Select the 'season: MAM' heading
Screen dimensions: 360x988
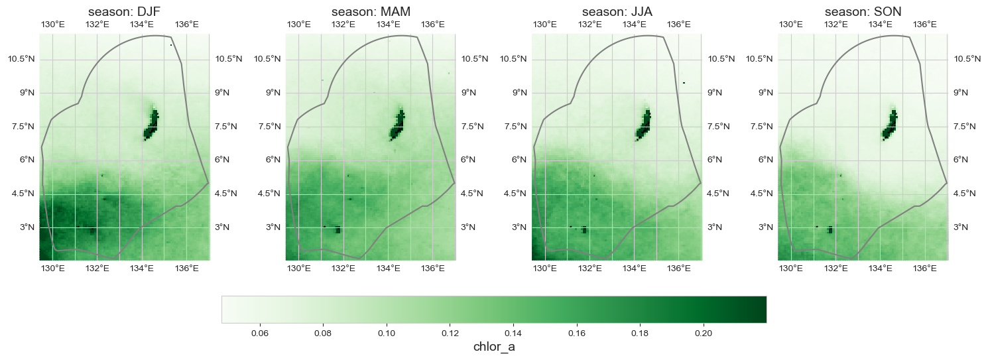click(x=370, y=12)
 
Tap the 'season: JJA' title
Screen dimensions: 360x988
click(x=616, y=12)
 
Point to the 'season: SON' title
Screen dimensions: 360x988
click(x=862, y=12)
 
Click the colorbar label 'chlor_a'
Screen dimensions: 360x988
click(x=494, y=347)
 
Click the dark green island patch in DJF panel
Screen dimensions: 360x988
click(x=152, y=125)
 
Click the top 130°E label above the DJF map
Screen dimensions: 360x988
click(x=53, y=25)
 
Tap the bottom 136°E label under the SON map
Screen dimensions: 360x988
click(x=925, y=269)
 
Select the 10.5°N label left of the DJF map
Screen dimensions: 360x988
click(x=21, y=59)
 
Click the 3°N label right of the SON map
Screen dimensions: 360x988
click(x=961, y=227)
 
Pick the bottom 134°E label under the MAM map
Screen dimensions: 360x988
click(x=388, y=269)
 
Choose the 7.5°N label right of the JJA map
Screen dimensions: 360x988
click(x=718, y=127)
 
